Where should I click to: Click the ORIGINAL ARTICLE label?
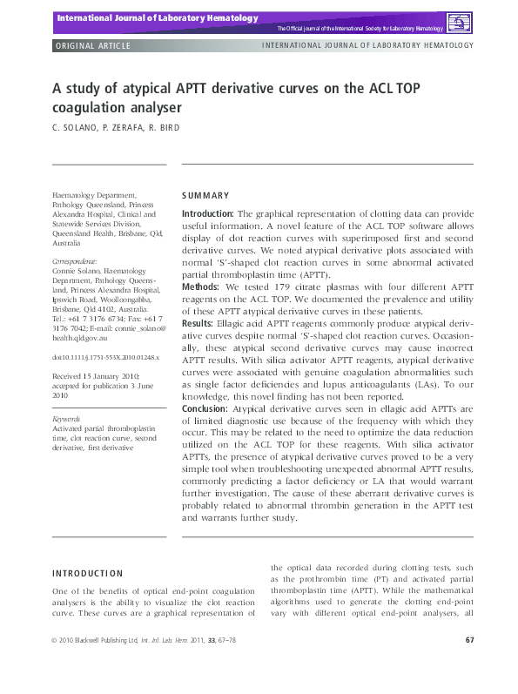tap(93, 45)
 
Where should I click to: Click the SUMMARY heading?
tap(205, 196)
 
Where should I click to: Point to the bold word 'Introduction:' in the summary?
tap(207, 213)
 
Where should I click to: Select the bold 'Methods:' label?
tap(201, 285)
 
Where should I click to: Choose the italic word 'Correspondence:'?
tap(77, 261)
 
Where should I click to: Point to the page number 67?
tap(469, 641)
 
